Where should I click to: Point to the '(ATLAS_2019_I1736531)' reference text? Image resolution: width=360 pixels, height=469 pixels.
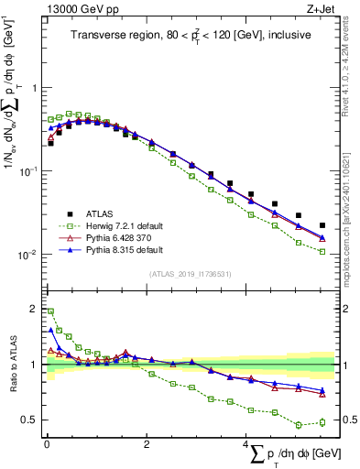(191, 274)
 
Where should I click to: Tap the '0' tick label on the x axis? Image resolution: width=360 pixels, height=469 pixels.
(47, 444)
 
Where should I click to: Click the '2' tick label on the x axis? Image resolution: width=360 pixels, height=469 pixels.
(147, 444)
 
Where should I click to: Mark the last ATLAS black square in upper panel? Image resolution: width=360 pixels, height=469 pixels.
(322, 225)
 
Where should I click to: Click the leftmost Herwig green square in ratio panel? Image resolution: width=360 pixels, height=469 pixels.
(50, 311)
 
